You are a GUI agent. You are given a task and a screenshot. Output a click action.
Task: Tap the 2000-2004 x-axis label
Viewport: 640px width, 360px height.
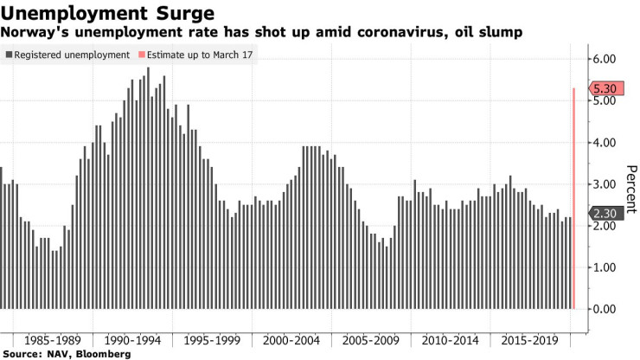286,339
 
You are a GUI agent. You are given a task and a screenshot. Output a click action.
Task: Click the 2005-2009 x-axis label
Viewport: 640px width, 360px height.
364,339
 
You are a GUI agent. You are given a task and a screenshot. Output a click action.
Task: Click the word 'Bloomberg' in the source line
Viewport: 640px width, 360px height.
103,354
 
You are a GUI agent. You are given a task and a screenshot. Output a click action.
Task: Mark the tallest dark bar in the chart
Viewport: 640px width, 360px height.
148,188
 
